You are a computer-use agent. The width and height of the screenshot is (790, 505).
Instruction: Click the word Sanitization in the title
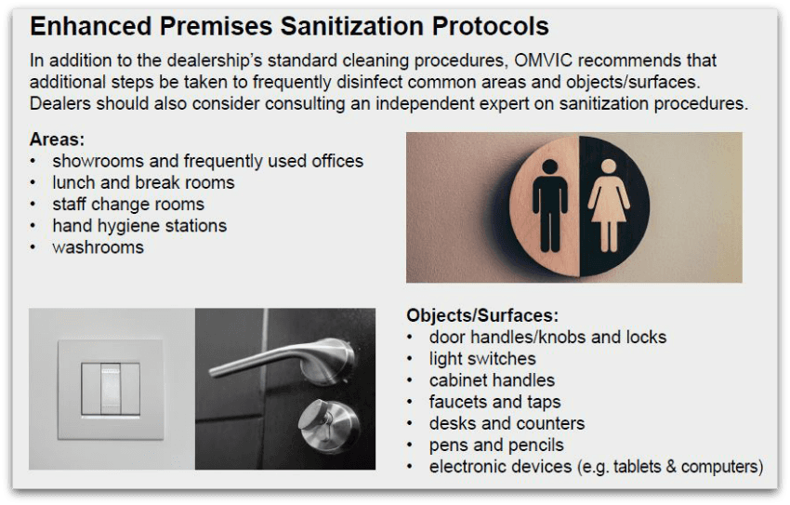(x=352, y=26)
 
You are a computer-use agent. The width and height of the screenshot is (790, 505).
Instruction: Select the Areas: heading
(x=57, y=140)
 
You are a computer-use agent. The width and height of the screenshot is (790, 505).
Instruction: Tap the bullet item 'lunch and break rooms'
(x=143, y=182)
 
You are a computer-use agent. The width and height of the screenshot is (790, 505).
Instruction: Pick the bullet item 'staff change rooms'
(x=128, y=204)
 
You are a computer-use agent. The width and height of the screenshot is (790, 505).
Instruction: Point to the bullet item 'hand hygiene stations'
(x=139, y=226)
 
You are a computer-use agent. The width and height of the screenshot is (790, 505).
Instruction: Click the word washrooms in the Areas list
(x=98, y=247)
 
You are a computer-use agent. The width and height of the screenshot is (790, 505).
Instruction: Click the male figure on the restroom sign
(x=549, y=206)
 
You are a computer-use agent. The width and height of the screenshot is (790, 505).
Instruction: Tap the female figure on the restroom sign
(x=609, y=206)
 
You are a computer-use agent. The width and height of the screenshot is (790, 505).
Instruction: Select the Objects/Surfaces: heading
(x=482, y=315)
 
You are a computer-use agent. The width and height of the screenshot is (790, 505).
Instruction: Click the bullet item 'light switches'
(x=482, y=359)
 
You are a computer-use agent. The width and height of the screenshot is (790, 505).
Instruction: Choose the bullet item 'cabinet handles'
(x=492, y=380)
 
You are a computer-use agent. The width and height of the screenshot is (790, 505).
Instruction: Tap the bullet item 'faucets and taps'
(x=494, y=402)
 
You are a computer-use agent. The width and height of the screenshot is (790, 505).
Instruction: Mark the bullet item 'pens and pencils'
(x=496, y=445)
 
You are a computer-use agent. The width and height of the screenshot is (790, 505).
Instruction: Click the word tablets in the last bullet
(x=638, y=467)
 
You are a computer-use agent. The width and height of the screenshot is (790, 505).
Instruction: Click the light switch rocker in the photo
(x=111, y=390)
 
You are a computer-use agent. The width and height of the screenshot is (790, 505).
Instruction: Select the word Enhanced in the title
(x=91, y=26)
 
